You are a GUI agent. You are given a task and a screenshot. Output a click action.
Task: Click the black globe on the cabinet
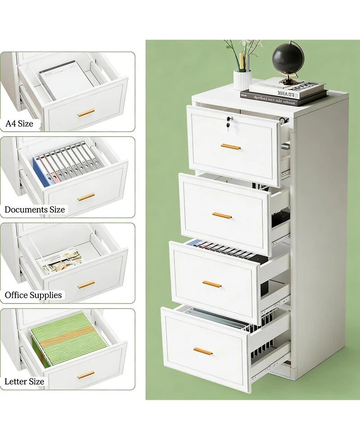[288, 59]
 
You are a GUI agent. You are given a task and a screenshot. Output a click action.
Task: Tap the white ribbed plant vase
[242, 80]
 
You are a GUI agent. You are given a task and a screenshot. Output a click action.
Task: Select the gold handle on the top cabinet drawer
[230, 146]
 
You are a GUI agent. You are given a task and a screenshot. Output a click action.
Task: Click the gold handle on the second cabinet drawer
[222, 215]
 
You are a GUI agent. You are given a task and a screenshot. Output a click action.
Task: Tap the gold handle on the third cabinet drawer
[212, 284]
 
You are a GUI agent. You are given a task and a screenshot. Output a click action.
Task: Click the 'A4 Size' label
[19, 123]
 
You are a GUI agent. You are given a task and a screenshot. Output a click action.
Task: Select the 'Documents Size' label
[35, 209]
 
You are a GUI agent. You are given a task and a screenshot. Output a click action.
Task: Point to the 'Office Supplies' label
[33, 295]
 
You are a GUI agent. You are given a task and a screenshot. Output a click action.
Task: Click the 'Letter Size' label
[24, 381]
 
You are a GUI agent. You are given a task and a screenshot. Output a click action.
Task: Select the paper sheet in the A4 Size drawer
[66, 79]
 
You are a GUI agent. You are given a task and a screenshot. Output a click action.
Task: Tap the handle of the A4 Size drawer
[86, 113]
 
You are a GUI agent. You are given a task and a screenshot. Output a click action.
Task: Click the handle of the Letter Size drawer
[86, 375]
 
